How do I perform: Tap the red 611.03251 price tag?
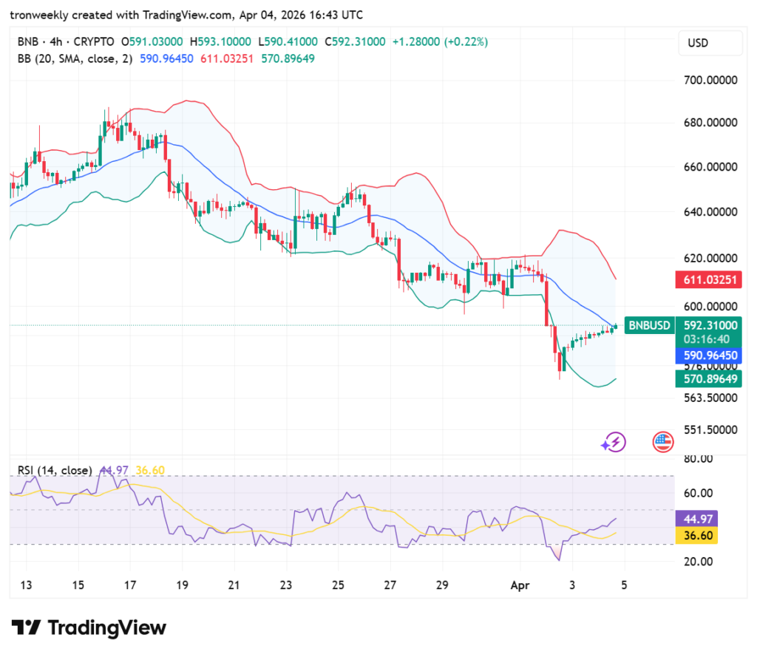708,280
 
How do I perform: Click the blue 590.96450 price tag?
708,355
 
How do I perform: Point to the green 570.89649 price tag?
708,379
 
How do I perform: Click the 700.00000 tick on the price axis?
707,80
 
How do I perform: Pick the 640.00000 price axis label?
707,212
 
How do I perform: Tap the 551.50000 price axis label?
707,429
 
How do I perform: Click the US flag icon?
663,442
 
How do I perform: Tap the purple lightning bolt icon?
614,442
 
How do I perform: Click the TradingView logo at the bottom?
89,628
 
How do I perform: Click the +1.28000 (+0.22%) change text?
439,42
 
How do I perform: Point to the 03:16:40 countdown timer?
708,338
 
